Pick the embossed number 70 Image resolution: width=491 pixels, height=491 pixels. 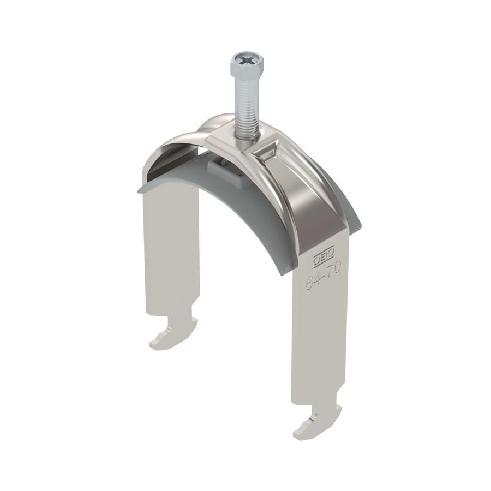[x=334, y=268]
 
